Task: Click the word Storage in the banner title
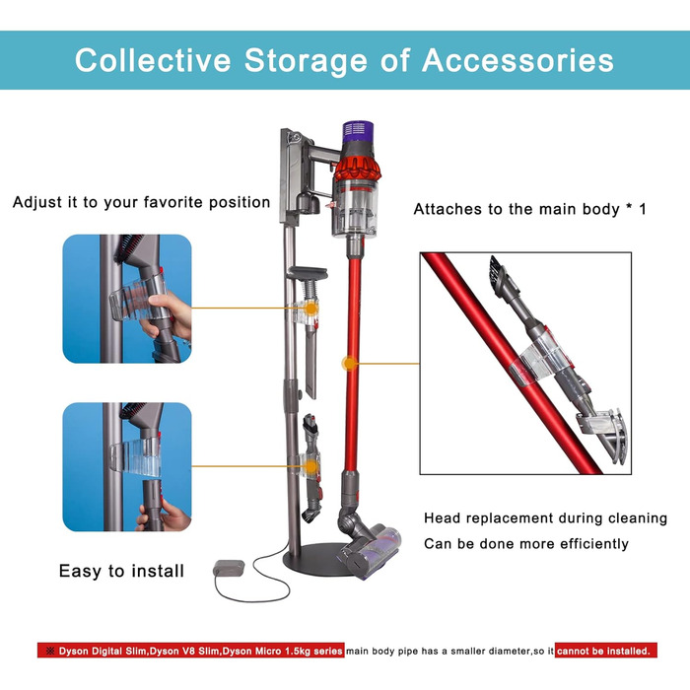tap(306, 61)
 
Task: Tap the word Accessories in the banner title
tap(517, 60)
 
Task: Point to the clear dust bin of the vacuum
tap(355, 208)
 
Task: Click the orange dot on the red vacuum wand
tap(348, 364)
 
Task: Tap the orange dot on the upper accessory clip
tap(311, 308)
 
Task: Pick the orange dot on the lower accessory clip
tap(311, 466)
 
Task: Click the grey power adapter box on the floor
tap(229, 569)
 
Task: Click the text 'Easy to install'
tap(121, 571)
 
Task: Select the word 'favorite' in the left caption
tap(172, 202)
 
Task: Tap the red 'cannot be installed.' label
tap(605, 651)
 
